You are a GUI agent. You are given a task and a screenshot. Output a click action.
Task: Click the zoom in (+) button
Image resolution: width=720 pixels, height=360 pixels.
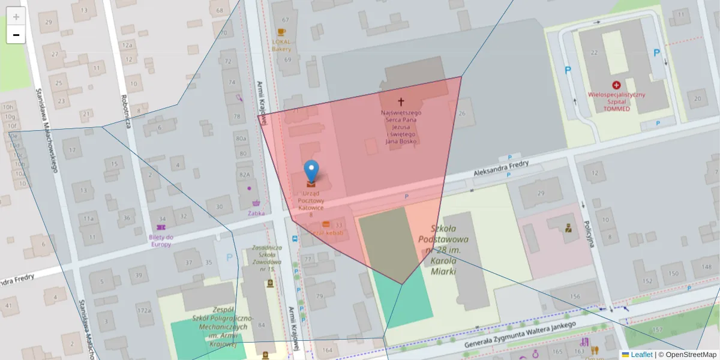coord(16,17)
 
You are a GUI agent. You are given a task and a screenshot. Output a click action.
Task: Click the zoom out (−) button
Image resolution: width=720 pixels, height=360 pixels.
coord(16,35)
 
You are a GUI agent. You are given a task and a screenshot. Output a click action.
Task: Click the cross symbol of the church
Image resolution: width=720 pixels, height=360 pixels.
coord(401,103)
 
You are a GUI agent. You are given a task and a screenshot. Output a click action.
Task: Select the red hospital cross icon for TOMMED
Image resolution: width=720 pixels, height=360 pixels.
coord(616,86)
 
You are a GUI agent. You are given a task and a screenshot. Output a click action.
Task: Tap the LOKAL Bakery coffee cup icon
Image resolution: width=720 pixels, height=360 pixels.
coord(281,32)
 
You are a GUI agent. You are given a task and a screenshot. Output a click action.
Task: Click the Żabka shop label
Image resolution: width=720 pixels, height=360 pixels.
coord(256,213)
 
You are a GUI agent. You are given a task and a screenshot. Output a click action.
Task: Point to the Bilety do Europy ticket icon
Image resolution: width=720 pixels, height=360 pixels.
coord(160,228)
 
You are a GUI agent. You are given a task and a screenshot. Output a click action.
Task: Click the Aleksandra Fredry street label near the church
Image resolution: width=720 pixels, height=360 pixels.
coord(500,167)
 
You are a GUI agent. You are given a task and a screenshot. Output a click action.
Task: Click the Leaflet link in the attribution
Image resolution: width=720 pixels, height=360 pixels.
coord(641,355)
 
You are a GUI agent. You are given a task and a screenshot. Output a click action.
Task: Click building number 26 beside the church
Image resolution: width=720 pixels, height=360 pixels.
coord(461,114)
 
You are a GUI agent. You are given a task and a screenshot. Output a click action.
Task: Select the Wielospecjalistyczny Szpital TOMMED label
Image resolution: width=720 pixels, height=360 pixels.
coord(616,102)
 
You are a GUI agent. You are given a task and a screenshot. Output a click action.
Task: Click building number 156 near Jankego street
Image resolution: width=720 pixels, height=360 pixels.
coord(575,296)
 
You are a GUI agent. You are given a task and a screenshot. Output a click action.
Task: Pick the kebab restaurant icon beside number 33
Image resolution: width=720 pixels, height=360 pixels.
coord(326,224)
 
